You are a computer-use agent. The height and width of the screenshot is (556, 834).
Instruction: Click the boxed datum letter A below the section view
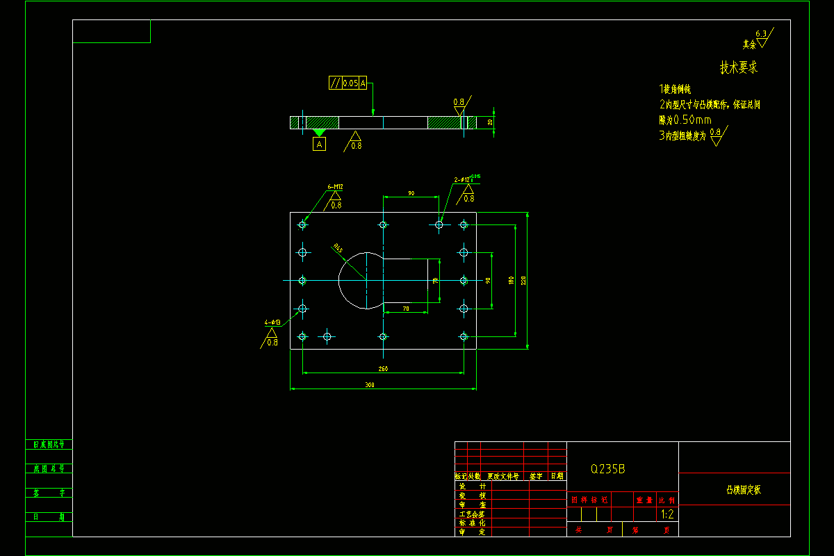coord(319,144)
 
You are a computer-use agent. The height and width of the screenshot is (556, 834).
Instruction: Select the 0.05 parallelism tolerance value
coord(350,83)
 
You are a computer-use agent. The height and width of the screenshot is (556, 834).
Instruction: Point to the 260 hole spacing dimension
coord(383,368)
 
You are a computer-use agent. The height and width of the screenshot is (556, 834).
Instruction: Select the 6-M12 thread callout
coord(336,187)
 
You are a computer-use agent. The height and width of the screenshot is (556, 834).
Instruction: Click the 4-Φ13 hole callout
coord(271,322)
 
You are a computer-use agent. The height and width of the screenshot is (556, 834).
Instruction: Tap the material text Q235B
coord(608,469)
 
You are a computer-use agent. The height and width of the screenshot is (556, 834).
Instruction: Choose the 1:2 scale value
coord(667,515)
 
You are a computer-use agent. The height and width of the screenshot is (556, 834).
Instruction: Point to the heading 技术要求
coord(738,68)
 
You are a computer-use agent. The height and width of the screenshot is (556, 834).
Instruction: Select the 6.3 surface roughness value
coord(760,33)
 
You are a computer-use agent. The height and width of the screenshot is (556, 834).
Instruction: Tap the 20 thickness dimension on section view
coord(490,122)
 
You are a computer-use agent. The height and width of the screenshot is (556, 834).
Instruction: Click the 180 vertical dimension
coord(511,281)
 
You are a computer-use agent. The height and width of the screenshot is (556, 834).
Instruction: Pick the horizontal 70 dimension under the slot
coord(405,308)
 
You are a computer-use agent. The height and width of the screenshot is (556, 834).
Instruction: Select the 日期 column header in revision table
coord(557,476)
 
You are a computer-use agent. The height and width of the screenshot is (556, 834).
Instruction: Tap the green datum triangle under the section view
coord(319,132)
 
